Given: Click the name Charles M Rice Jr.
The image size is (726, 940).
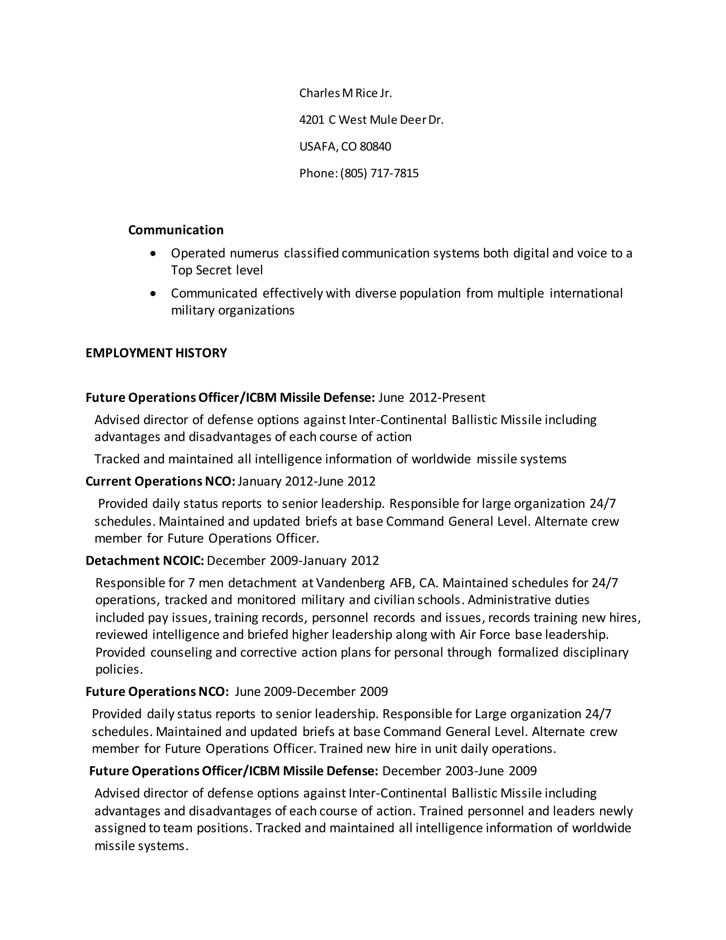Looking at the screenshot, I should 345,93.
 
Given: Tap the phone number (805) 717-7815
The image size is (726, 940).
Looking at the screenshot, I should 379,173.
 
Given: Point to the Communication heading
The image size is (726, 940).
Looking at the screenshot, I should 176,230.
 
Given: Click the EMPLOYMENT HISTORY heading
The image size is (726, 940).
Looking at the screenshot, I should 156,353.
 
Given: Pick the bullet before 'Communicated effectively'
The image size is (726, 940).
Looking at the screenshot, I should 153,294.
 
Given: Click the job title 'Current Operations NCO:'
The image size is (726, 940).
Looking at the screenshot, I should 161,481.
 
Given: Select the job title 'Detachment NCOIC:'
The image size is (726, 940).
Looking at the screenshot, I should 145,560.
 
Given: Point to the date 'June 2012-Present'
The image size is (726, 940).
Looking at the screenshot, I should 432,397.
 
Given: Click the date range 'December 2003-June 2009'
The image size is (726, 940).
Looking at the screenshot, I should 459,770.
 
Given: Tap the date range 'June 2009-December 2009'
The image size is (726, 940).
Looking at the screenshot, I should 311,691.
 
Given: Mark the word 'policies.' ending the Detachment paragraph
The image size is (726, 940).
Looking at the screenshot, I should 119,669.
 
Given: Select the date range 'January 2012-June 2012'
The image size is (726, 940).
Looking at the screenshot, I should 306,481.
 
